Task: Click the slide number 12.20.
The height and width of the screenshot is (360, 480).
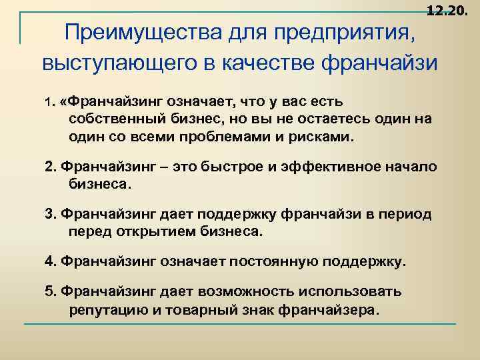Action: [446, 11]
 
